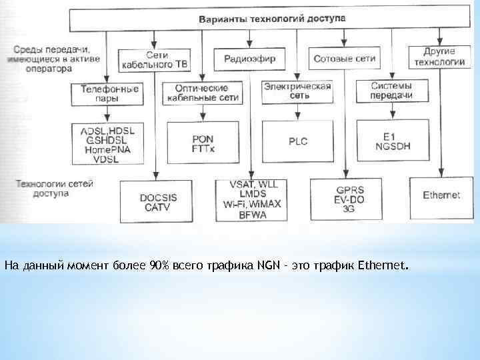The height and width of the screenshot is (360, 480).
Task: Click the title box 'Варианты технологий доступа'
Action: pos(272,19)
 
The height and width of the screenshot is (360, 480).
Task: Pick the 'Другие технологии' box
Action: pos(439,56)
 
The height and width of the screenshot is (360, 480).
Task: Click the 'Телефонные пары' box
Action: pos(108,93)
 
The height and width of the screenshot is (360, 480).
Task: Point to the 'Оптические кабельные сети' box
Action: pos(201,93)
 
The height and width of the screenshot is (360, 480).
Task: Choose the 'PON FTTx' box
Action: pos(202,142)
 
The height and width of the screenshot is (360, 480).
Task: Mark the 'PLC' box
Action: pos(297,141)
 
